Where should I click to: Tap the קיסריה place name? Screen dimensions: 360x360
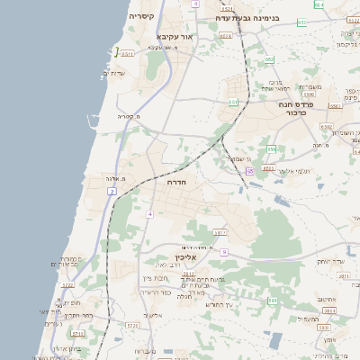tap(141, 16)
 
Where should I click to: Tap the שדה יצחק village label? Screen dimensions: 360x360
tap(330, 261)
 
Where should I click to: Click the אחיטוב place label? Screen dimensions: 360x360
tap(327, 300)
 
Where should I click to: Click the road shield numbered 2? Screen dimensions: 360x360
tap(112, 192)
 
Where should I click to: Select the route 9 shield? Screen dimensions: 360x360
tap(224, 252)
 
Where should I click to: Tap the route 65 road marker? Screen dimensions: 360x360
tap(248, 170)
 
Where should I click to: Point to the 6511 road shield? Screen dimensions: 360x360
tap(129, 55)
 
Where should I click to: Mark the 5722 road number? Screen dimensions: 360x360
tap(67, 285)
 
